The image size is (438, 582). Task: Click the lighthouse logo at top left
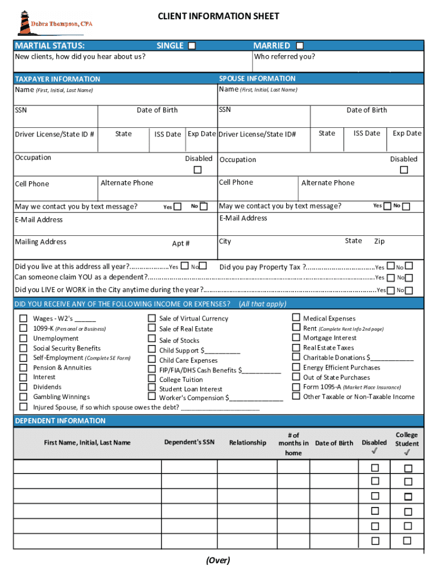coord(26,23)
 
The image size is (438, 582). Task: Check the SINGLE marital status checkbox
coord(192,45)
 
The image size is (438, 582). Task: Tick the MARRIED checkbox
coord(299,45)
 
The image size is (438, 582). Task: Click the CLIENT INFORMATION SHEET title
coord(218,16)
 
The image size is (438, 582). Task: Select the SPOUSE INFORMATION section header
coord(257,78)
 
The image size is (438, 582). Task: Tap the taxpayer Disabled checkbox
coord(197,170)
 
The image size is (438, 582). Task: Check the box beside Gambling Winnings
coord(23,397)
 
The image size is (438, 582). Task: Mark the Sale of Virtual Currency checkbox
coord(152,318)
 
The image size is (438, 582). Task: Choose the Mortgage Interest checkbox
coord(296,338)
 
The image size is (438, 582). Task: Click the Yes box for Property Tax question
coord(390,267)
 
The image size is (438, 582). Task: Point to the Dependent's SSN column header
coord(189,442)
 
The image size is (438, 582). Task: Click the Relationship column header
coord(247,443)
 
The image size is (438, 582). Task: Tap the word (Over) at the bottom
coord(218,560)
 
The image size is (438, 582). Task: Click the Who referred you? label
coord(284,57)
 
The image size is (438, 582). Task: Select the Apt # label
coord(181,243)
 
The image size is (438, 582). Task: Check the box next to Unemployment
coord(23,338)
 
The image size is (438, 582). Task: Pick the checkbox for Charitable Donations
coord(296,357)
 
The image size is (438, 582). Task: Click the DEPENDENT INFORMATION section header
coord(60,421)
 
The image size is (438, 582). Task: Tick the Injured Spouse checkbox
coord(23,407)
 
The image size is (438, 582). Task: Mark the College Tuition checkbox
coord(152,379)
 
